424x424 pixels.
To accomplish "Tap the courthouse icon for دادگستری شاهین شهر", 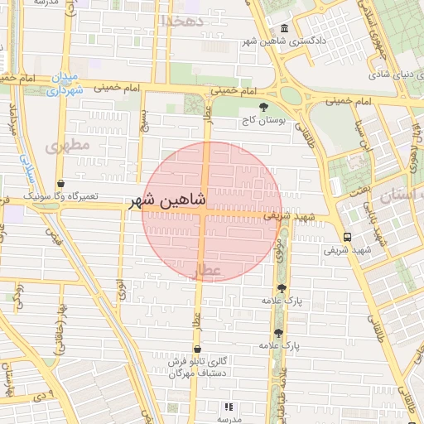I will coord(286,27).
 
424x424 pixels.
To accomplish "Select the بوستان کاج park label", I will coord(263,120).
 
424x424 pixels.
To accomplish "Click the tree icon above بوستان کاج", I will coord(263,107).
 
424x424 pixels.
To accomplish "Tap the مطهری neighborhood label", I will coord(67,147).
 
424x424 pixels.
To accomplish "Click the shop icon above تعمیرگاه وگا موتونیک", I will coord(60,183).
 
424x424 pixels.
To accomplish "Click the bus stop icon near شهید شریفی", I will coord(346,235).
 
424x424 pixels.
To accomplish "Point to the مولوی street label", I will coord(281,246).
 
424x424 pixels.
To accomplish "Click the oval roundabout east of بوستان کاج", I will coord(291,95).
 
